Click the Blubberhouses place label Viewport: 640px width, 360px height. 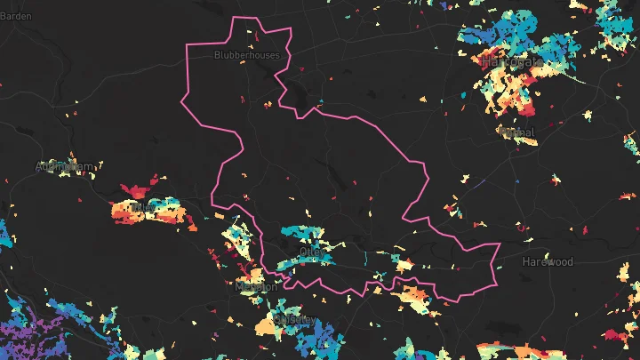click(246, 55)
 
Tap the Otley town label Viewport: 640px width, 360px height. click(313, 252)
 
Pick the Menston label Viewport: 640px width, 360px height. click(257, 287)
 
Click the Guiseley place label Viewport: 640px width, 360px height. click(293, 319)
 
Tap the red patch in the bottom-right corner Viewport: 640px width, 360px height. click(615, 336)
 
